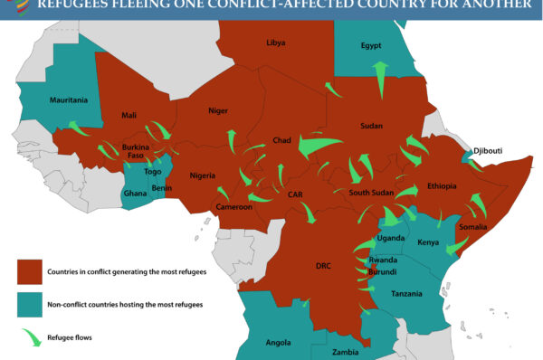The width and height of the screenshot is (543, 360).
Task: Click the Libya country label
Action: click(x=276, y=43)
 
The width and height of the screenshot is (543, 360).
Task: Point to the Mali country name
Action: click(x=129, y=116)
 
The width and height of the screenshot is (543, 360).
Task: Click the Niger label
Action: click(x=218, y=110)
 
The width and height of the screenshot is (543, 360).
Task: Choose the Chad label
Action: click(x=281, y=141)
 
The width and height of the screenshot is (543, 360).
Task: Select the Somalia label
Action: click(x=473, y=227)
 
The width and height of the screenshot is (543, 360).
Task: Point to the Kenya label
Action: click(x=428, y=243)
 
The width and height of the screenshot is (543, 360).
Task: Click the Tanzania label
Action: click(x=406, y=294)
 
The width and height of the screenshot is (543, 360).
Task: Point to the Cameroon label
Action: click(x=233, y=207)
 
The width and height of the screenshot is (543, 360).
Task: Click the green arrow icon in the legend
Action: click(x=30, y=339)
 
